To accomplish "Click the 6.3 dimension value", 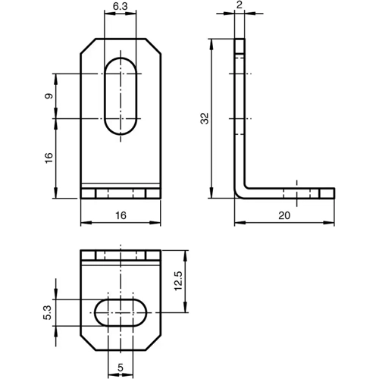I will tap(120, 7).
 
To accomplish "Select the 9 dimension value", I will tap(48, 96).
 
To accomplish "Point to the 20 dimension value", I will tap(284, 216).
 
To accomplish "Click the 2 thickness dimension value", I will tap(239, 5).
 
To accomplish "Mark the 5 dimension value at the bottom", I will tap(120, 369).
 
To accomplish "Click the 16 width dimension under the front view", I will tap(120, 216).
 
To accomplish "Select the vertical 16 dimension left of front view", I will tap(48, 158).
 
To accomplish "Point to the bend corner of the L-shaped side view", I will tap(239, 190).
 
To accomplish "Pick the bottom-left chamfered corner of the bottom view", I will tap(87, 342).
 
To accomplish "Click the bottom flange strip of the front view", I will tap(120, 193).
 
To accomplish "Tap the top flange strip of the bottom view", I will tap(120, 255).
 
